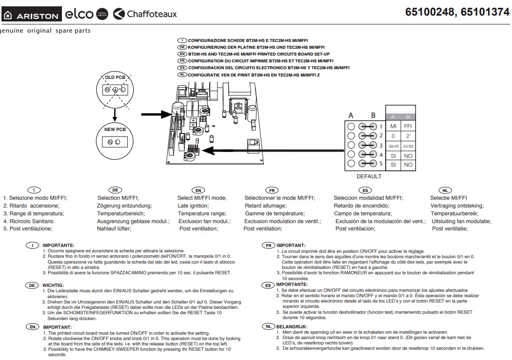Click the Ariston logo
pos(32,15)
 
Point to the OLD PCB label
pos(115,77)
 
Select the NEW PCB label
pos(115,130)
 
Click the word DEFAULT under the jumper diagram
pos(369,176)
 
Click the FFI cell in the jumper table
pos(408,126)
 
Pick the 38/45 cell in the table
pos(393,146)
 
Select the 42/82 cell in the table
pos(408,146)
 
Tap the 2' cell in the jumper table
pos(408,136)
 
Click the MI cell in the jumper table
pos(393,126)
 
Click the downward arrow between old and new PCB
pos(115,115)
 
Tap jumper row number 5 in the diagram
pos(381,164)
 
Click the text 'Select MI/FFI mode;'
pos(202,198)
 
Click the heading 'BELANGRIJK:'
pos(292,326)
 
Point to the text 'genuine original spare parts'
pos(45,31)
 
